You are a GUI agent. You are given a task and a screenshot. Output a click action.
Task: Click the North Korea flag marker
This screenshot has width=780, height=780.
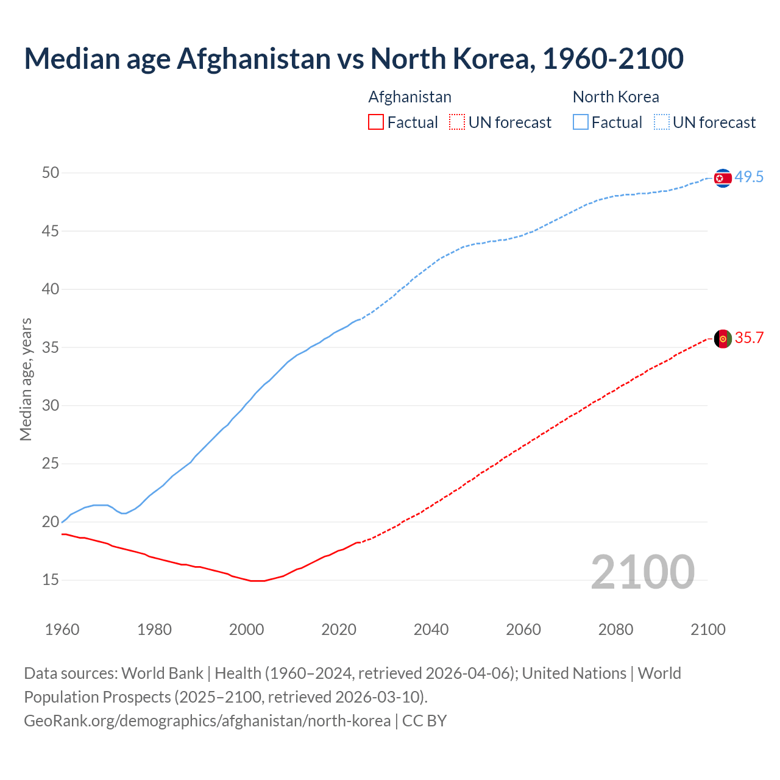(723, 178)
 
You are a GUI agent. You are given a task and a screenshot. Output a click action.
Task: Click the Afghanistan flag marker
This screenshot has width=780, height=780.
(723, 339)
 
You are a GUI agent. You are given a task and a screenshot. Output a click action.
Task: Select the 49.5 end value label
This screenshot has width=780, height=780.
(749, 177)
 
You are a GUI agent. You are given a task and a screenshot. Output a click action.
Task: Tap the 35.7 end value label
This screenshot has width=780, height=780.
(749, 338)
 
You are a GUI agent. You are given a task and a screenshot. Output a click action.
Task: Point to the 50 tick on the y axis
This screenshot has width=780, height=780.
(51, 173)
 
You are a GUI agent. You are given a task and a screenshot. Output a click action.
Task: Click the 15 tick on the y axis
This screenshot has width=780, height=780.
(51, 580)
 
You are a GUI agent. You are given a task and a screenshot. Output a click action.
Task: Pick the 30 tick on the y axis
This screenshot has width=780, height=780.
(51, 405)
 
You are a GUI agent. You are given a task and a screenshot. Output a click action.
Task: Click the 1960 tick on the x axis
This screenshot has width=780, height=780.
(62, 629)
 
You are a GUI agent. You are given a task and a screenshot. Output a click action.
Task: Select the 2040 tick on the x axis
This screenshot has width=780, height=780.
(431, 629)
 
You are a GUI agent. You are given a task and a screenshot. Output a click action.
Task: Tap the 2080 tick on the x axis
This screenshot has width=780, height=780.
(615, 629)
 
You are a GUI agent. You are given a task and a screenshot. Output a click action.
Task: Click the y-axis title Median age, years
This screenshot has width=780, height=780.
(26, 379)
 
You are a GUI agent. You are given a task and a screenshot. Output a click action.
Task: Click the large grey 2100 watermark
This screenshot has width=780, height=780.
(642, 572)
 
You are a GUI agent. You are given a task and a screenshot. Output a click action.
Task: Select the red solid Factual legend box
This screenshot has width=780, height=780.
(376, 122)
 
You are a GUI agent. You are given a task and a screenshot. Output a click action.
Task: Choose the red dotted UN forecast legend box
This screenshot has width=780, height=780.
(457, 122)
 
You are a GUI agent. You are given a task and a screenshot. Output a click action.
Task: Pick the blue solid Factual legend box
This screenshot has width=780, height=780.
(581, 122)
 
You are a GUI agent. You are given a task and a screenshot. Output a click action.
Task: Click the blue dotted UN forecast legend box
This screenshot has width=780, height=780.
(662, 122)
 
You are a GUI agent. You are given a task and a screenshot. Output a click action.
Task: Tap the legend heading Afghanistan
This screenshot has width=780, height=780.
(409, 97)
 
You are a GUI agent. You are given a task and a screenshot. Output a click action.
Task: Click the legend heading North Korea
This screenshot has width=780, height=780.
(615, 97)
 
